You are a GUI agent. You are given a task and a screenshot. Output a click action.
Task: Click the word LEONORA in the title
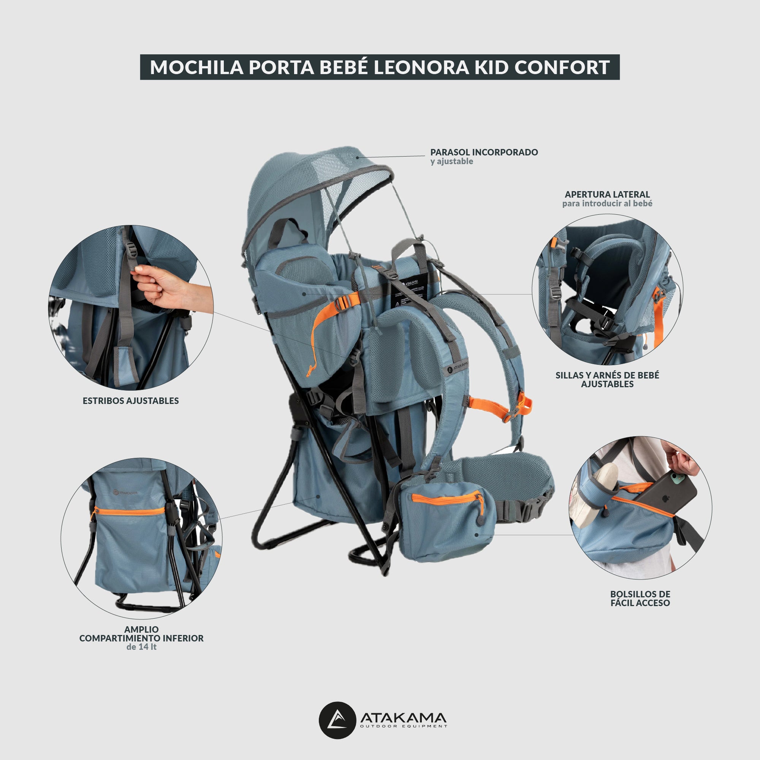coord(421,67)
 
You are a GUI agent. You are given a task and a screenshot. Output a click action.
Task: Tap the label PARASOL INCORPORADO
coord(484,152)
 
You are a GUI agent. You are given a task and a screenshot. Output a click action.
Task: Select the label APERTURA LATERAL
coord(607,194)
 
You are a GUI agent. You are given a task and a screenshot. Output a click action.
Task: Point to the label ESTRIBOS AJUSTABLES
coord(131,401)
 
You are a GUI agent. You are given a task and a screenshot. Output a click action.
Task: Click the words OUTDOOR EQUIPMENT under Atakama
coord(404,726)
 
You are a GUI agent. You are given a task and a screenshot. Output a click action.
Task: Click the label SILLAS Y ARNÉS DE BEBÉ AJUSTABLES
coord(607,380)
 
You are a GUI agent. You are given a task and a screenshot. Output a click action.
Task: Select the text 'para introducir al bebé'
coord(607,203)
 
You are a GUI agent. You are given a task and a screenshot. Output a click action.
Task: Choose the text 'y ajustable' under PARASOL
coord(451,161)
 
